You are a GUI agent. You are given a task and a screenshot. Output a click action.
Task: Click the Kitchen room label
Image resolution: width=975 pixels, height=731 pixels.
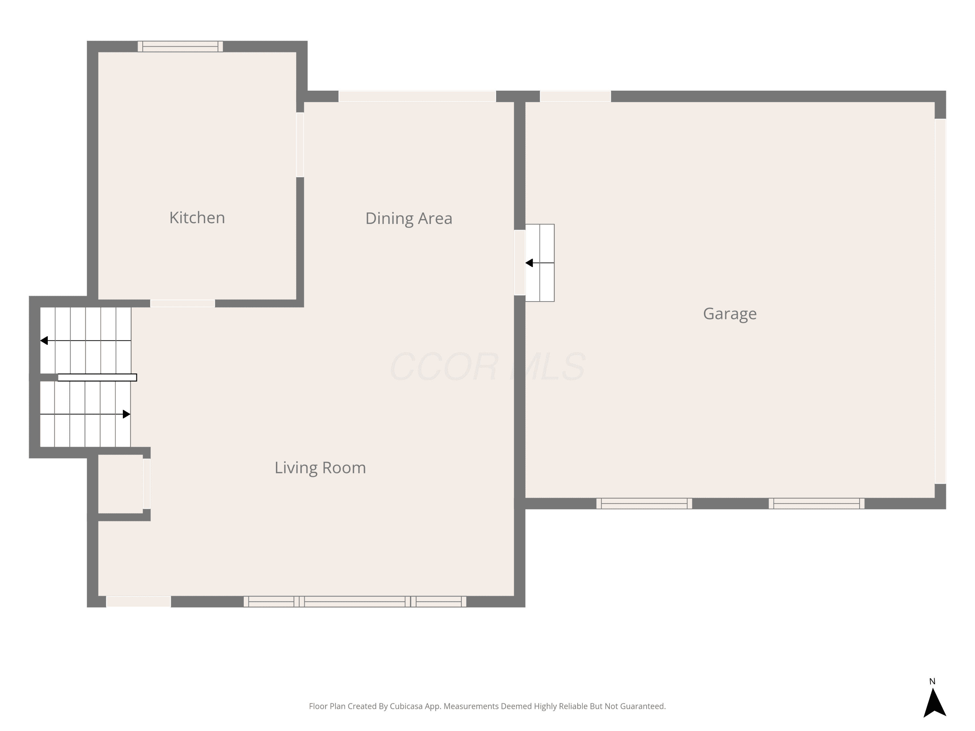197,218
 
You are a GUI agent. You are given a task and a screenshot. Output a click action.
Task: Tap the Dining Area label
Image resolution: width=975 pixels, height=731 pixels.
409,219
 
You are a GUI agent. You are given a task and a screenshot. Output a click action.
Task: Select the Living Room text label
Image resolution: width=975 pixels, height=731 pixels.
320,468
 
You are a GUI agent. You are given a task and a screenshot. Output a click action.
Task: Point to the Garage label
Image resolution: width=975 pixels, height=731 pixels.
730,314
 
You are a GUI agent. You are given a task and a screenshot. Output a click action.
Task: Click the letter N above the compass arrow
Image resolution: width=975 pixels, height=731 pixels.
932,681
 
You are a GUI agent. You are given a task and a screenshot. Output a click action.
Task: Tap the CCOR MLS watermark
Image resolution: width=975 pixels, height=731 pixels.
487,366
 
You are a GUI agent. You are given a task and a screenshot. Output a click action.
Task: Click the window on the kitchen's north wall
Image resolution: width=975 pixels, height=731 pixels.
180,46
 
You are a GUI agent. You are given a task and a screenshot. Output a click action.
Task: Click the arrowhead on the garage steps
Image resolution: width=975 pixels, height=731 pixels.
529,263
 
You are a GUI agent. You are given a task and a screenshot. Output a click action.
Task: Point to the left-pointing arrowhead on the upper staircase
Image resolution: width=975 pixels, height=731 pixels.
44,340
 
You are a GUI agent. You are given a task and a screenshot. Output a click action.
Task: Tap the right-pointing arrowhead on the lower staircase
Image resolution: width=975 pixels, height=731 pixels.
126,414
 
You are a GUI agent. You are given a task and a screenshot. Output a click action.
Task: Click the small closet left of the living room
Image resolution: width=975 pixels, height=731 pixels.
120,483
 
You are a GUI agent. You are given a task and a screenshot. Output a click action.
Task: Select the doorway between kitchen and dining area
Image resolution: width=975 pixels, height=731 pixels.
300,145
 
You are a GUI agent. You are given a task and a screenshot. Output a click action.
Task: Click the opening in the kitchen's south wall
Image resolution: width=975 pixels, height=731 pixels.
182,303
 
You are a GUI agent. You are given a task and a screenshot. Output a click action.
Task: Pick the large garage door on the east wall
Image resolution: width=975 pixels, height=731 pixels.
940,301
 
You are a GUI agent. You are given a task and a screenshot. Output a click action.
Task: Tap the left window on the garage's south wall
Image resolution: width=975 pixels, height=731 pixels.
644,503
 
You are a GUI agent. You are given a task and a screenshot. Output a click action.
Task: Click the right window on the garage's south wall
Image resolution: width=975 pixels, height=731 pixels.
816,503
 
